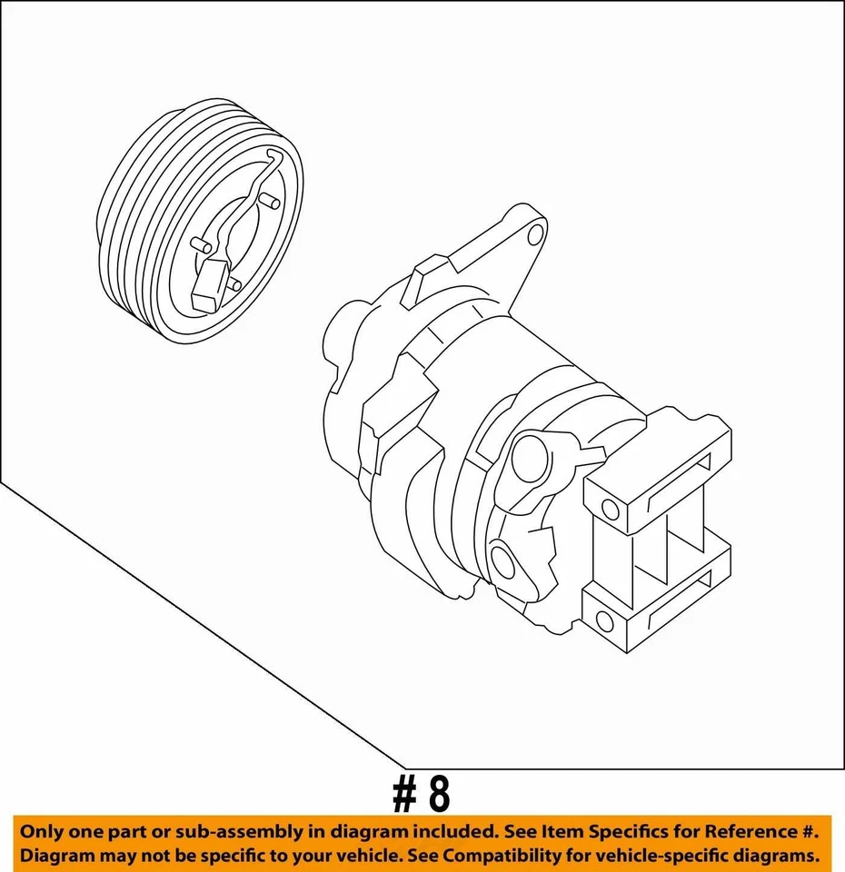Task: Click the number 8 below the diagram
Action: tap(438, 795)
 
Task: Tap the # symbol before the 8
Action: tap(403, 795)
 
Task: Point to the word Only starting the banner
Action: tap(45, 831)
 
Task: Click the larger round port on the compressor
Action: tap(529, 459)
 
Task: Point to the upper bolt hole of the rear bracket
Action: tap(610, 510)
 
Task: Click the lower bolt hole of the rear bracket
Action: tap(603, 621)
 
